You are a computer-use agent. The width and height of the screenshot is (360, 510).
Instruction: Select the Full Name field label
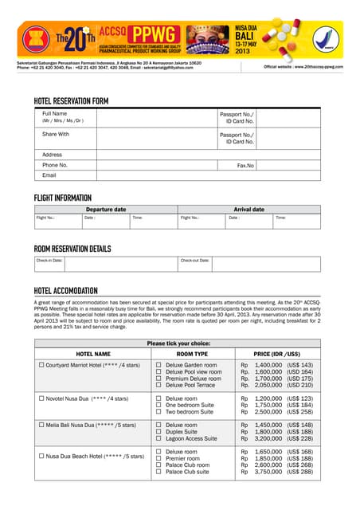point(54,114)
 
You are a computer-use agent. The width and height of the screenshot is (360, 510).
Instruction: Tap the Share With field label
point(56,134)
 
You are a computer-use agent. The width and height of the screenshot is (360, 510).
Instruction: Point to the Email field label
point(49,175)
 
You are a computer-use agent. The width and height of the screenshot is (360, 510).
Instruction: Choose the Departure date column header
point(105,209)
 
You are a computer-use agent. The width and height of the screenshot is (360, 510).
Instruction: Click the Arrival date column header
point(248,209)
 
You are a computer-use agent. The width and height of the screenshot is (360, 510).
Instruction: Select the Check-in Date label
point(49,260)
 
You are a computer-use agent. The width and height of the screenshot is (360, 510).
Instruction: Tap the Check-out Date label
point(195,260)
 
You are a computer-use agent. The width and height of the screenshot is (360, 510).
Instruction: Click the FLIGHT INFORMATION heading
point(73,198)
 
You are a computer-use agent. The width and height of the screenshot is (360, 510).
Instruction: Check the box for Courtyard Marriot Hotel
point(41,365)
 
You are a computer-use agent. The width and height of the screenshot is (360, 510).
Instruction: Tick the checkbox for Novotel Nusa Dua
point(41,398)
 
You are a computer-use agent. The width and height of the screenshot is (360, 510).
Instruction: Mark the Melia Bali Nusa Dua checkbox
point(41,426)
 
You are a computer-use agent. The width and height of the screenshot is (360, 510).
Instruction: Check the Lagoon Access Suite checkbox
point(158,438)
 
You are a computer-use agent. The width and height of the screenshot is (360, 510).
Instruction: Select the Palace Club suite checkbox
point(158,472)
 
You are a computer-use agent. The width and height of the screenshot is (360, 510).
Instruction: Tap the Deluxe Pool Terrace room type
point(190,385)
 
